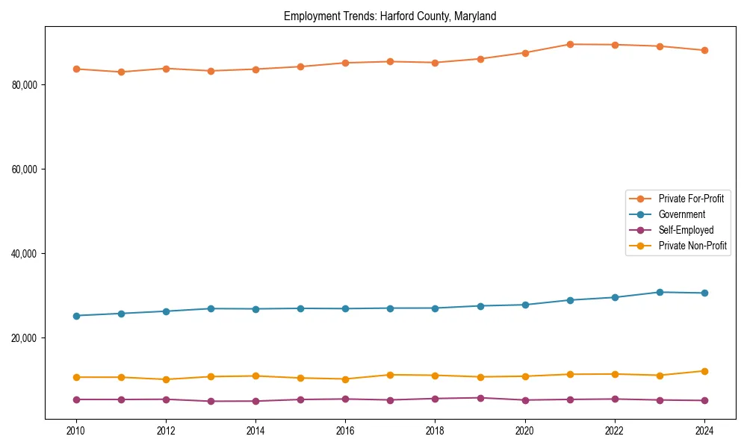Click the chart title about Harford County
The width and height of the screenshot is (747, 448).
(390, 16)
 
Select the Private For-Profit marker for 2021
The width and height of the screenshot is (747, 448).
(570, 44)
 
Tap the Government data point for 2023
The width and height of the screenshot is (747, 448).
(660, 292)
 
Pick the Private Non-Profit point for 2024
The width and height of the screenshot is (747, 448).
(704, 371)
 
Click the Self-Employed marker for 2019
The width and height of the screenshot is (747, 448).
(480, 398)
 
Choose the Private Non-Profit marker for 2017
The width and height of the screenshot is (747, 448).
(390, 375)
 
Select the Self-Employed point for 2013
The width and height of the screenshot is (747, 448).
(211, 401)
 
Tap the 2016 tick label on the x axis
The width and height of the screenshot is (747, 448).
(345, 430)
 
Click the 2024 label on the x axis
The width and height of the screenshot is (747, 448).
(704, 430)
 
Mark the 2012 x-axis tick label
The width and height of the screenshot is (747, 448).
(166, 430)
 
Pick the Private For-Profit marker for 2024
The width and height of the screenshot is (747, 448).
(704, 50)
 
